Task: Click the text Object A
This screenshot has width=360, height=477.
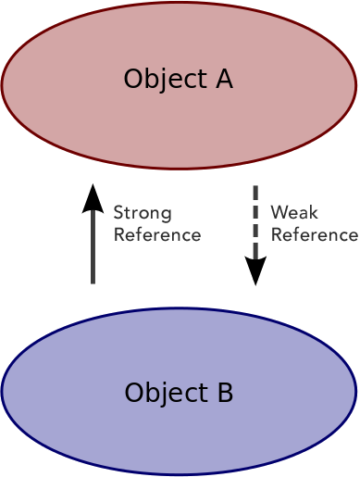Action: point(178,80)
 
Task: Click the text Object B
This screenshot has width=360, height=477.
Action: point(179,394)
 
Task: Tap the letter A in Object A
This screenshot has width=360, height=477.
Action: point(222,80)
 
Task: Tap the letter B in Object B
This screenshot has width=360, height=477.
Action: point(224,394)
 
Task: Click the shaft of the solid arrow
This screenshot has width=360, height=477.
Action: point(93,245)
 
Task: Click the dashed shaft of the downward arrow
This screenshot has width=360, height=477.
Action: point(255,222)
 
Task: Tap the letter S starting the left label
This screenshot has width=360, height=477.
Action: point(118,213)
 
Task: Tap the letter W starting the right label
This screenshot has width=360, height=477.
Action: point(277,213)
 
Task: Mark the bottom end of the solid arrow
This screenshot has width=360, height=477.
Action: point(93,282)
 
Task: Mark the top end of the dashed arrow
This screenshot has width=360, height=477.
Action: point(255,188)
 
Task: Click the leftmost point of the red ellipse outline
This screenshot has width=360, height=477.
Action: point(2,85)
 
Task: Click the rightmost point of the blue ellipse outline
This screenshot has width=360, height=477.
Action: point(355,392)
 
